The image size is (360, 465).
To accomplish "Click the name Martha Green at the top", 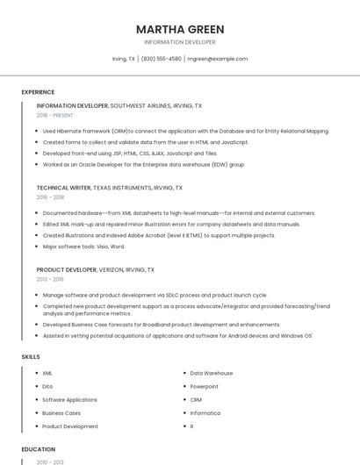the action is pos(180,29).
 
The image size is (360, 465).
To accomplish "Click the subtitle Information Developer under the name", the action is pos(180,42).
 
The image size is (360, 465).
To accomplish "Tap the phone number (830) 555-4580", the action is pos(162,59).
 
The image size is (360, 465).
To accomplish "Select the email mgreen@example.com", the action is pos(218,59).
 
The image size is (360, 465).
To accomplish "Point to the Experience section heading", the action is pos(38,92).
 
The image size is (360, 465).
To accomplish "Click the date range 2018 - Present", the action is pos(55,115).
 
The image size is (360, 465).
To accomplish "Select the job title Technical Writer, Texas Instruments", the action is pos(110,188).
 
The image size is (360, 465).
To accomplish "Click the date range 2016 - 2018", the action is pos(51,197).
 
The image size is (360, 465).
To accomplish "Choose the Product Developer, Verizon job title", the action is pos(95,270).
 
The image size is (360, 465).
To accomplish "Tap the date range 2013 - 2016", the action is pos(51,280).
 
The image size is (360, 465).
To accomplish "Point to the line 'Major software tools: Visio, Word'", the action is pos(89,247).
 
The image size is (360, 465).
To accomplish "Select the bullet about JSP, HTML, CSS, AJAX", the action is pos(130,153).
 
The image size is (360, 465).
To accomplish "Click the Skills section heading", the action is pos(30,357).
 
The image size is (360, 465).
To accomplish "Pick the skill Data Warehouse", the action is pos(212,373).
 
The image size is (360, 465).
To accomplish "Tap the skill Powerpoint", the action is pos(205,386).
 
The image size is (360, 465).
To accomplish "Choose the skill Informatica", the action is pos(205,412).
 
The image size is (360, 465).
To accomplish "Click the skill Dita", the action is pos(47,386).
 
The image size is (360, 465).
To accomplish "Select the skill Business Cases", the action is pos(61,412).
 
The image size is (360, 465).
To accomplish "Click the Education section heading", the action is pos(38,449).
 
